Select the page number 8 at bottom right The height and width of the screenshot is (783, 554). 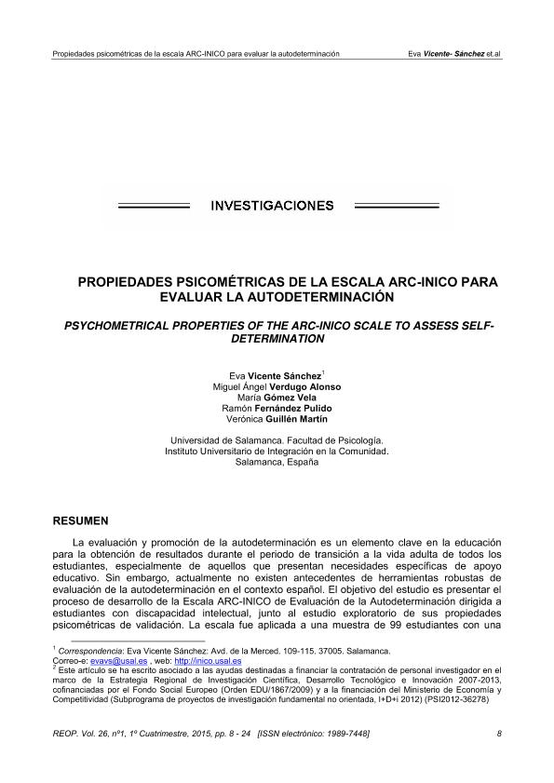tap(500, 735)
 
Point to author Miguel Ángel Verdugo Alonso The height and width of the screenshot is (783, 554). tap(277, 386)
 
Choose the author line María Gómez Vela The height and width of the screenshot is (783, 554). tap(277, 398)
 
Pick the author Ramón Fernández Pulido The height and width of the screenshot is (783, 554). tap(277, 409)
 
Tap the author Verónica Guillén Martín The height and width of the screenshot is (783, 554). tap(277, 420)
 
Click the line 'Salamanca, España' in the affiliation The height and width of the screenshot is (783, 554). tap(277, 462)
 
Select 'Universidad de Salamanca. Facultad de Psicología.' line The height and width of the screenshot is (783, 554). tap(277, 439)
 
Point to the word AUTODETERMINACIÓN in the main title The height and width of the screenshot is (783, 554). tap(318, 297)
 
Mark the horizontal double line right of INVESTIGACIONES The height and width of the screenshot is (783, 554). tap(395, 206)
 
